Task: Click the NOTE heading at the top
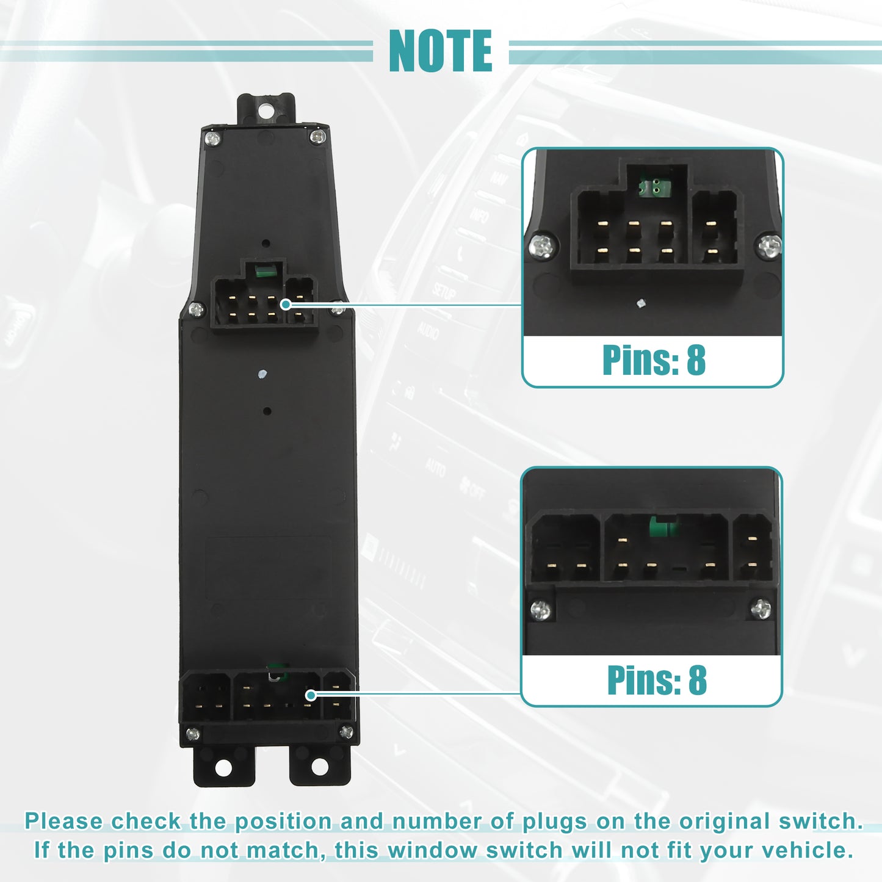(x=440, y=51)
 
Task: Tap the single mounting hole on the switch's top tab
(x=265, y=110)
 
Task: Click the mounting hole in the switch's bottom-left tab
(x=223, y=768)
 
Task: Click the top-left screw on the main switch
(x=212, y=138)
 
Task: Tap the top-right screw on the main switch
(x=317, y=136)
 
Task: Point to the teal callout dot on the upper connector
(x=286, y=305)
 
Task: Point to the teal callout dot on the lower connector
(x=311, y=695)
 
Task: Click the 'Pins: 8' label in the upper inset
(x=654, y=360)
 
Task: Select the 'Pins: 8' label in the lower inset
(x=657, y=680)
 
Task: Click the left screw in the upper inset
(x=543, y=247)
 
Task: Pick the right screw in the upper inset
(x=768, y=247)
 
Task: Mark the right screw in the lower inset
(x=761, y=609)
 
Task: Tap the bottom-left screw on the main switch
(x=193, y=735)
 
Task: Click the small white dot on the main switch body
(x=262, y=374)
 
